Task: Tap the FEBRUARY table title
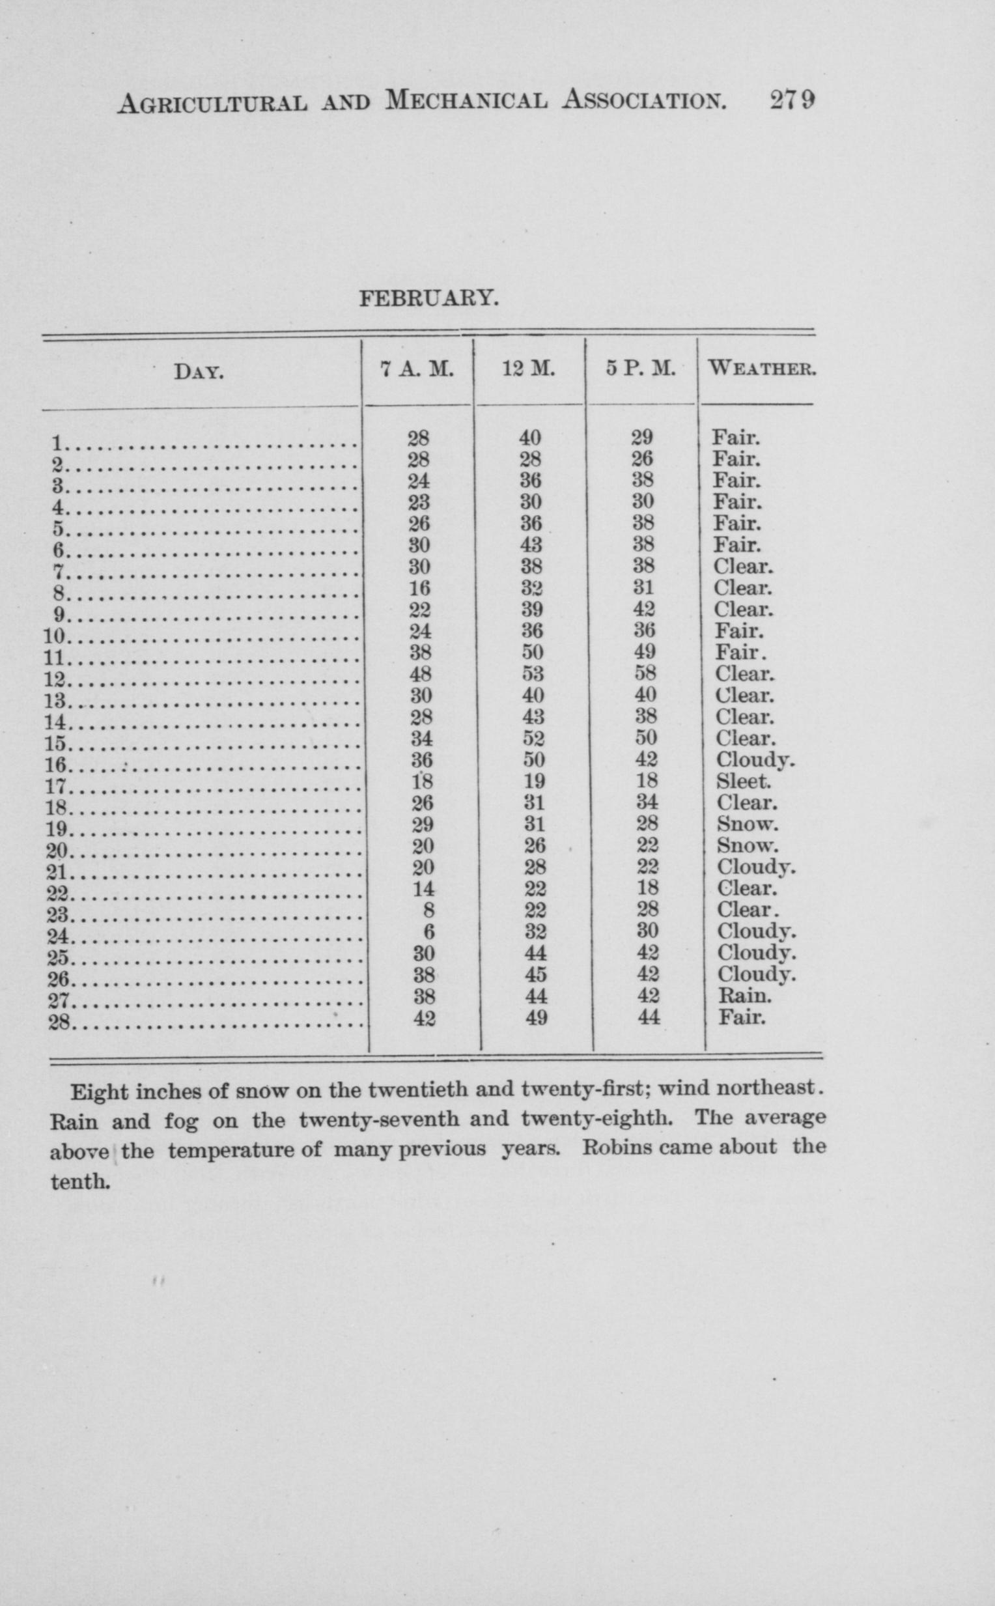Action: tap(429, 299)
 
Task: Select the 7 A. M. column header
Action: tap(417, 369)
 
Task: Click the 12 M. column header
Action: tap(528, 369)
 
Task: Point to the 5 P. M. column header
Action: tap(641, 369)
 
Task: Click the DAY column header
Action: tap(199, 374)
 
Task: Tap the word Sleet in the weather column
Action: tap(743, 782)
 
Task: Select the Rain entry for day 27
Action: tap(744, 996)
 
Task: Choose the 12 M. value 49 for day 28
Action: tap(537, 1018)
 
